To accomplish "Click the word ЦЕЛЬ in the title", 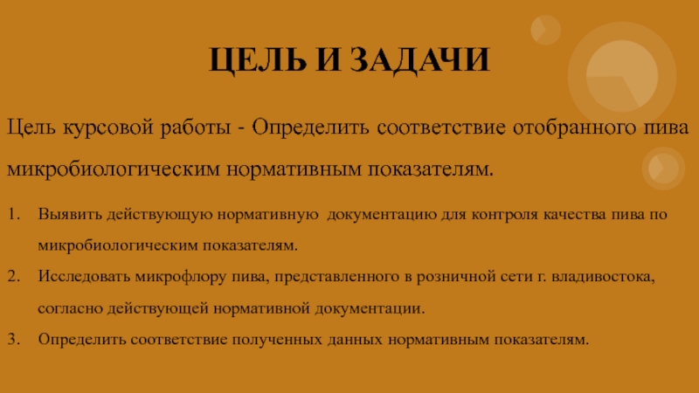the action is (x=258, y=60).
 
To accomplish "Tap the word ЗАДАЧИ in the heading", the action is (x=419, y=60).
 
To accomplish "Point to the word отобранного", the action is (x=574, y=128).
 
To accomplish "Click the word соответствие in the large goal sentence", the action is (x=441, y=128).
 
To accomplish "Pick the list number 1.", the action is (x=14, y=214).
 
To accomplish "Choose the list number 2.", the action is (x=14, y=276).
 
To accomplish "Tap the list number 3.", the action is (x=14, y=339).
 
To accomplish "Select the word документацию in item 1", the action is (x=382, y=215).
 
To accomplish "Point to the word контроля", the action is (x=505, y=215).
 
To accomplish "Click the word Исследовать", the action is (x=84, y=276).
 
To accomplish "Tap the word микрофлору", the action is (x=181, y=277).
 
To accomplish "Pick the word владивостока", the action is (x=603, y=277).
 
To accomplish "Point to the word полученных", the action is (x=277, y=340).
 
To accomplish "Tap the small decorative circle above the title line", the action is (x=545, y=30).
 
